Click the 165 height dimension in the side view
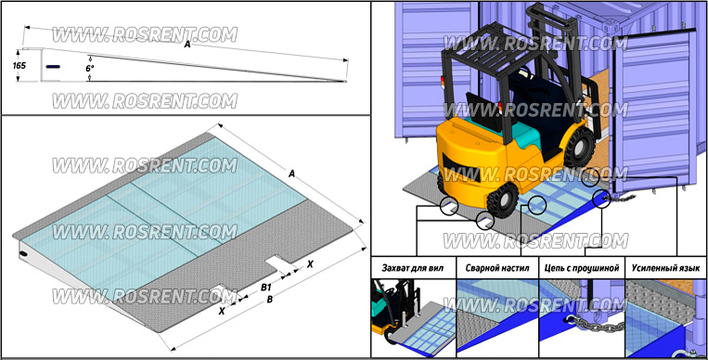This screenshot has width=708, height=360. (19, 66)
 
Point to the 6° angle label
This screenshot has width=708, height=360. (90, 69)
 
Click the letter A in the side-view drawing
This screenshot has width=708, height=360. (187, 45)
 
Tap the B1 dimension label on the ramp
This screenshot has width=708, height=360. (266, 287)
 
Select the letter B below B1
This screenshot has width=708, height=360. (270, 299)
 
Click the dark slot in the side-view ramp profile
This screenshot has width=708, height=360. (53, 67)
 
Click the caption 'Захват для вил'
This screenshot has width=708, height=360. (412, 268)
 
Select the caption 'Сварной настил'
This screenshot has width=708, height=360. (497, 268)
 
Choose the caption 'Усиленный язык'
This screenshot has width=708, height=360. (665, 268)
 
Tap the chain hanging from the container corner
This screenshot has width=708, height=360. (624, 198)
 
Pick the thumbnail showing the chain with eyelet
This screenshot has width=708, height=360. (582, 318)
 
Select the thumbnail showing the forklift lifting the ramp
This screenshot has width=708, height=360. (413, 318)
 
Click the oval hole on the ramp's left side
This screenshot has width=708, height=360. (23, 255)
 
